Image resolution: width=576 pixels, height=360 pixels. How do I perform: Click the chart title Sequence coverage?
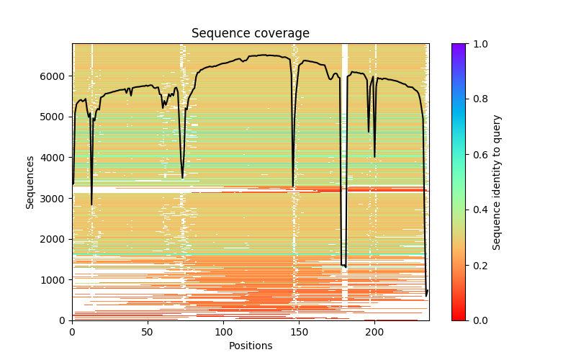click(x=250, y=34)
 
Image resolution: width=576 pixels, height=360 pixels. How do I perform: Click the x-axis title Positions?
click(x=250, y=346)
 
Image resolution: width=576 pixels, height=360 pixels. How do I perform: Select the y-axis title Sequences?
click(x=30, y=182)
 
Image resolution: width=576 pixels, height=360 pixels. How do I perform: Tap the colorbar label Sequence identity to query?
click(x=497, y=182)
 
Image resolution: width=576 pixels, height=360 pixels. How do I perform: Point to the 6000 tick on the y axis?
click(x=55, y=76)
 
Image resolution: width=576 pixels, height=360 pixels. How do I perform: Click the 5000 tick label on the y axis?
click(x=55, y=117)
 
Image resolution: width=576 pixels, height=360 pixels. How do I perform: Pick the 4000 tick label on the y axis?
click(x=55, y=158)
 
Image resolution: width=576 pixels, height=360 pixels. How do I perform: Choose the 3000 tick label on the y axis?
click(x=55, y=198)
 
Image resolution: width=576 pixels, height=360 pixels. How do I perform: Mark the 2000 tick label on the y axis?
click(x=55, y=239)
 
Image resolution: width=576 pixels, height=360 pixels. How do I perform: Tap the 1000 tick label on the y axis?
click(x=55, y=280)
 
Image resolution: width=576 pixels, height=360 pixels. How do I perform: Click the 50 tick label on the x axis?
click(x=148, y=332)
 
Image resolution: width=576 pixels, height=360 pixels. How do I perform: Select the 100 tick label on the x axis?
click(x=223, y=332)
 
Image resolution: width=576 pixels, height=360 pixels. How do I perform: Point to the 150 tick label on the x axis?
click(x=299, y=332)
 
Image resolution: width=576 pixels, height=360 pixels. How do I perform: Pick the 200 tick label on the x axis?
click(x=374, y=332)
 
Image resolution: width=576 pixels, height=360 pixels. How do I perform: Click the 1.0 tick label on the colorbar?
click(x=477, y=44)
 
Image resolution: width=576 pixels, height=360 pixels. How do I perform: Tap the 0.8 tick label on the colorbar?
click(x=477, y=99)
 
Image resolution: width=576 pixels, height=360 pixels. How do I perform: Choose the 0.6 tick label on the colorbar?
click(x=477, y=155)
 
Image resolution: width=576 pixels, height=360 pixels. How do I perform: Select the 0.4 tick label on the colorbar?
click(x=477, y=210)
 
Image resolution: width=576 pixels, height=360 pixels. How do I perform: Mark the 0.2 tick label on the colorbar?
click(x=477, y=266)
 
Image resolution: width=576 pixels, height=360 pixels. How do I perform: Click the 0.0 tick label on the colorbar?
click(x=477, y=320)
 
